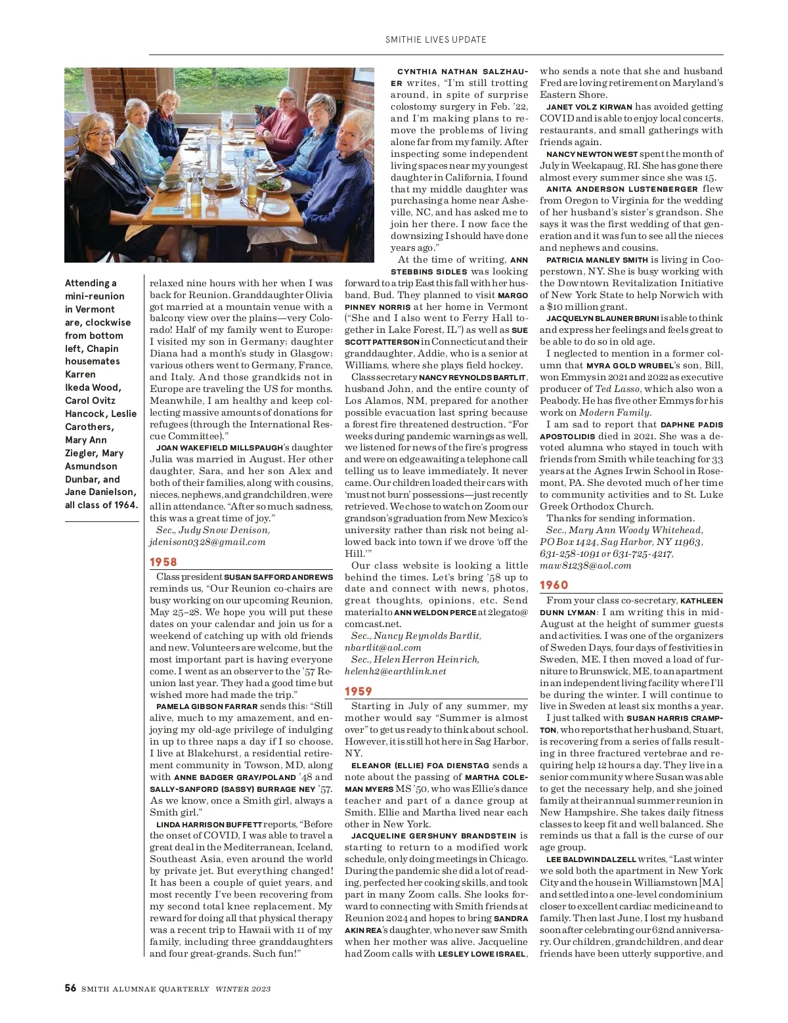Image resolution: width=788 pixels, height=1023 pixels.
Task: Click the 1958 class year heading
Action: click(x=164, y=562)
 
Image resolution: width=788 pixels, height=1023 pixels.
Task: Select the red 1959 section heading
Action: click(x=359, y=691)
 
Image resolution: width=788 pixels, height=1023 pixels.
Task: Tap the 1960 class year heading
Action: click(x=554, y=585)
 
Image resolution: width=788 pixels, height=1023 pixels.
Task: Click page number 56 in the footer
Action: click(x=70, y=988)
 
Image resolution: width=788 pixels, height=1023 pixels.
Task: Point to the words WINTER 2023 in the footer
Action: click(x=243, y=989)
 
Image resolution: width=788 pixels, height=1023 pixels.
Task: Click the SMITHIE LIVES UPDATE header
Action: click(x=435, y=39)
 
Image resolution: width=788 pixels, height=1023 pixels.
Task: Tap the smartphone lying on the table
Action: click(x=162, y=211)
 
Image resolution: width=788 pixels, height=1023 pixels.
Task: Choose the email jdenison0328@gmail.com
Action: click(x=208, y=542)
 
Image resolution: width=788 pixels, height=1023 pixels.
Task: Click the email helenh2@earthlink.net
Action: click(x=395, y=671)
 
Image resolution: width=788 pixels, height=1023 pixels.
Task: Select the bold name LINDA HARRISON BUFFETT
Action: click(x=209, y=824)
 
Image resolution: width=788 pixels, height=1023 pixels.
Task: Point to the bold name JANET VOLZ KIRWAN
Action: click(x=589, y=107)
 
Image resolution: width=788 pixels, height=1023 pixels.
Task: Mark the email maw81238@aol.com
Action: click(x=585, y=565)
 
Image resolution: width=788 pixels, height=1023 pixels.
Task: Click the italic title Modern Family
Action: click(x=614, y=412)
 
